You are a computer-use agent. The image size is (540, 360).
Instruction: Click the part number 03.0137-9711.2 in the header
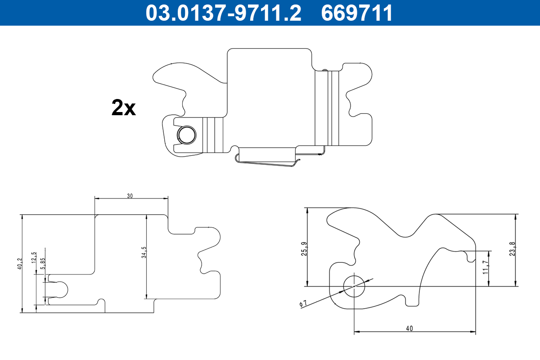click(223, 13)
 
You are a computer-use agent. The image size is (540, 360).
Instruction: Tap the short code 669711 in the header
click(356, 13)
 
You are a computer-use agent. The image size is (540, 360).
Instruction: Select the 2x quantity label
click(123, 108)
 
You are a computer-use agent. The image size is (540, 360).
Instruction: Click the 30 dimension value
click(130, 195)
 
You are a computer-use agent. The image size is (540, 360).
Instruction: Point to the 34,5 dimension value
click(144, 252)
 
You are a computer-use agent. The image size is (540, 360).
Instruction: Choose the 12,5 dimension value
click(34, 257)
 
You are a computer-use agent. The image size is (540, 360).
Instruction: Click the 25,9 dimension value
click(304, 249)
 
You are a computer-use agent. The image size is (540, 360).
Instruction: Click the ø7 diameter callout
click(303, 304)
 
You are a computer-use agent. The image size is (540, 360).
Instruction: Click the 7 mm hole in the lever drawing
click(354, 286)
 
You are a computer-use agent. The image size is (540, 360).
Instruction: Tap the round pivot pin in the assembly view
click(186, 135)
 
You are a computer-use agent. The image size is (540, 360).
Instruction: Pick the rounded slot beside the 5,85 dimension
click(60, 289)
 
